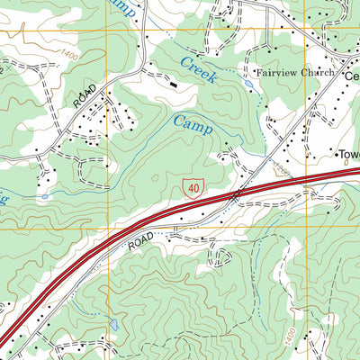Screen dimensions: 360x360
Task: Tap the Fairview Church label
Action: click(x=294, y=73)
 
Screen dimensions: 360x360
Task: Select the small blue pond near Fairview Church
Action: click(x=247, y=84)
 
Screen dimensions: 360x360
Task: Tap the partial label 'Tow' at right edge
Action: click(x=348, y=154)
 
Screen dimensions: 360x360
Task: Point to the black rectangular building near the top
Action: click(x=172, y=83)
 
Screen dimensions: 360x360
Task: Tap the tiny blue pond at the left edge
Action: click(x=43, y=194)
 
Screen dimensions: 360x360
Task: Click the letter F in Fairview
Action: click(x=258, y=73)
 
